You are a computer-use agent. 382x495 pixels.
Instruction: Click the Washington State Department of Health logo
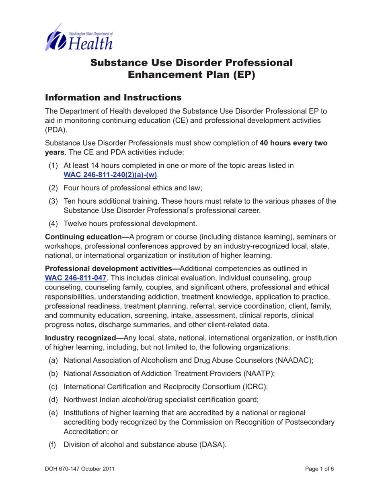[x=78, y=37]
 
